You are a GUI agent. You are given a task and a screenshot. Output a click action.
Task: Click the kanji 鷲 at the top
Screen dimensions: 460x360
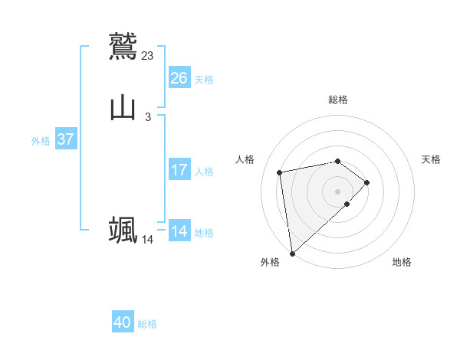(123, 45)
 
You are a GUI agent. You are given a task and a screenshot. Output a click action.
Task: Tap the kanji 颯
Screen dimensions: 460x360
(123, 230)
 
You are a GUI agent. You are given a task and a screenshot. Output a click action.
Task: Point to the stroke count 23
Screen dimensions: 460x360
(148, 55)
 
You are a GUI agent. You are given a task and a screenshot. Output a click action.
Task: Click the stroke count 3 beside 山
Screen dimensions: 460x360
(148, 116)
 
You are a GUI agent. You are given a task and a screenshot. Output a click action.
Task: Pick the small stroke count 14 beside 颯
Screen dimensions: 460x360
(148, 240)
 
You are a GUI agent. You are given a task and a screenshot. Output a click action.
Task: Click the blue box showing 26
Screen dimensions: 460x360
(179, 78)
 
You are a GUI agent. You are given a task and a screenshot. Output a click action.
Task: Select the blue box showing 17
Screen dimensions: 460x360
(179, 170)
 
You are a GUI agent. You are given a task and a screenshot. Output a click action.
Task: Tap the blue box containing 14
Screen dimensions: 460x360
(179, 231)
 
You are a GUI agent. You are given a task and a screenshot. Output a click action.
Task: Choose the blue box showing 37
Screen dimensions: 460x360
(66, 139)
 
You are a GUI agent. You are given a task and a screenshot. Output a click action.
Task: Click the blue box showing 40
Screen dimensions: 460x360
(123, 322)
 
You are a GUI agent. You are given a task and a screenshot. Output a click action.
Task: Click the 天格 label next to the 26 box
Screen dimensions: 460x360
(204, 80)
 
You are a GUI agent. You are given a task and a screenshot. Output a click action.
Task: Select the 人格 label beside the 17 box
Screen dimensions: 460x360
(204, 172)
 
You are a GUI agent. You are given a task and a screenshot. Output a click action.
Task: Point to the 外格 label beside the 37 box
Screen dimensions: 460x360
(41, 141)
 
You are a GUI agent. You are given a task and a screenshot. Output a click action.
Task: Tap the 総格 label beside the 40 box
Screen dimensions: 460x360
(147, 324)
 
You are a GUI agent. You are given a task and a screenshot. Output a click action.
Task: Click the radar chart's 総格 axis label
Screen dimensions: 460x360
(338, 100)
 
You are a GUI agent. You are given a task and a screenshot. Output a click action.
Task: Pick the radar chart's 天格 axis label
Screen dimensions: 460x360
(432, 159)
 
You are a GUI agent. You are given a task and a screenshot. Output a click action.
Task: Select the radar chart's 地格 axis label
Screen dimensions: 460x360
(402, 262)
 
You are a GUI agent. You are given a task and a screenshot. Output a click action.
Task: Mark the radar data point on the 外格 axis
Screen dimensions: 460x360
(291, 253)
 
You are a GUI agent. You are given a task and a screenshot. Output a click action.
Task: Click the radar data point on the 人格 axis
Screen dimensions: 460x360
(280, 172)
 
